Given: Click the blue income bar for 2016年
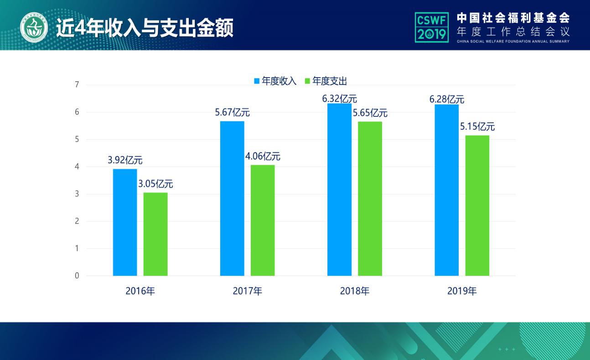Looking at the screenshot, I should click(x=125, y=222).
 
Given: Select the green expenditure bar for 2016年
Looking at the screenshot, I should click(x=155, y=234).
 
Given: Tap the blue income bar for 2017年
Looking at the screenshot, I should click(x=232, y=198).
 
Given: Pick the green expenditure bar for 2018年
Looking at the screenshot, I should click(x=370, y=198).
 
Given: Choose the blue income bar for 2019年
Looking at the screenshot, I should click(x=446, y=190).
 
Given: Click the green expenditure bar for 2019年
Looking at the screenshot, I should click(x=477, y=205).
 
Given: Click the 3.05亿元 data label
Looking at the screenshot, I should click(x=155, y=184).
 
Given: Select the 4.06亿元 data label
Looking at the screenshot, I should click(x=263, y=157).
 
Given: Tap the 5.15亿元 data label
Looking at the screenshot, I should click(x=477, y=127).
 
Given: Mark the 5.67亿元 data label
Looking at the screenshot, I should click(x=232, y=113).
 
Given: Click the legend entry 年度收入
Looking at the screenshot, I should click(x=275, y=81).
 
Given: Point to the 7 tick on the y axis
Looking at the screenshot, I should click(x=77, y=85).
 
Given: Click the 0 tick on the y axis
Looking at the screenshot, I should click(x=77, y=276).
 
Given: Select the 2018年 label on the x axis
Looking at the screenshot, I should click(x=355, y=291).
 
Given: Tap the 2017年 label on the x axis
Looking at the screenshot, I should click(x=247, y=291).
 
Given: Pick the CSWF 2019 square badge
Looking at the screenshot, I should click(x=431, y=27).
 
